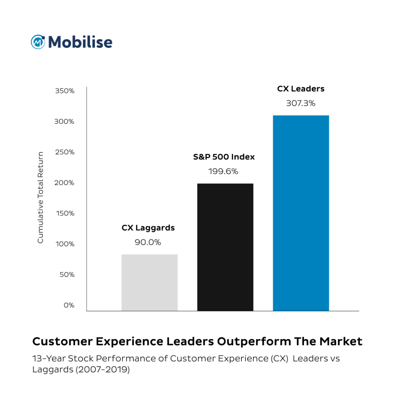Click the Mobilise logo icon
(x=38, y=42)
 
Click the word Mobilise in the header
(x=80, y=42)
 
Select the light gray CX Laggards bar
(x=150, y=282)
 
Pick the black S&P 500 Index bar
(x=225, y=247)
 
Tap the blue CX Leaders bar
(x=301, y=213)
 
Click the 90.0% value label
(x=148, y=242)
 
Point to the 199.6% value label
(x=223, y=171)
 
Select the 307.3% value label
(x=301, y=103)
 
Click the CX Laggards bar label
(x=148, y=228)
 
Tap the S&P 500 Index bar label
(x=224, y=157)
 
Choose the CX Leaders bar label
(x=301, y=89)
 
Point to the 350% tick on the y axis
(x=64, y=91)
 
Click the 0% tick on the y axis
(x=69, y=306)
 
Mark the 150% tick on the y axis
(x=64, y=214)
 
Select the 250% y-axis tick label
(x=64, y=152)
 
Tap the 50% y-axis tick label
(x=67, y=275)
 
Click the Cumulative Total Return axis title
(x=40, y=197)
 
